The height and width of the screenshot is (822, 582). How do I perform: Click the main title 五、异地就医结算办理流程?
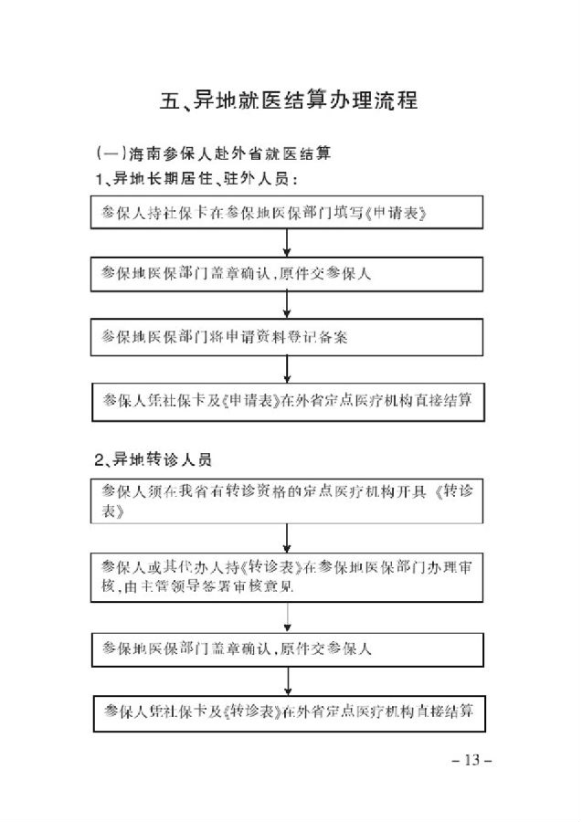pos(289,100)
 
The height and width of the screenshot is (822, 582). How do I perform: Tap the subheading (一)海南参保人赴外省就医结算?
pos(214,153)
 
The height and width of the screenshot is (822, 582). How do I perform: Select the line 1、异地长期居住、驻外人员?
pos(196,179)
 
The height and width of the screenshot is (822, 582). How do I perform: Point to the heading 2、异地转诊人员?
pos(153,459)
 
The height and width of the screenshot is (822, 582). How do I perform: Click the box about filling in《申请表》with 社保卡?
pos(287,212)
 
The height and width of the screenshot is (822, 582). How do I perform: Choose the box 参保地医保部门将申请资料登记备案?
pos(287,337)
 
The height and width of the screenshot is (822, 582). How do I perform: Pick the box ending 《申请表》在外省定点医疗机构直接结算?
pos(289,402)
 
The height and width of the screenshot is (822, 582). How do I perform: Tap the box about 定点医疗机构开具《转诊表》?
pos(287,501)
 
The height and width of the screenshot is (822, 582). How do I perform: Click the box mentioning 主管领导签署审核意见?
pos(287,577)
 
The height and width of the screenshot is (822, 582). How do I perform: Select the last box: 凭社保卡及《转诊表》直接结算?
pos(290,713)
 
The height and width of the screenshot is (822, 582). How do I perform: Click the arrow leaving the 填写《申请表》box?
pos(287,243)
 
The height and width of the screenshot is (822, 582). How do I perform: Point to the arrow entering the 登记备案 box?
pos(287,304)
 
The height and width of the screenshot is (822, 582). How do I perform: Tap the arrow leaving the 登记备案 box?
pos(287,370)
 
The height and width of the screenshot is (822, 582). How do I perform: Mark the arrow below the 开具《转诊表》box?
pos(287,538)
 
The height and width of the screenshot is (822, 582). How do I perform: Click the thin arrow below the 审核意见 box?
pos(287,617)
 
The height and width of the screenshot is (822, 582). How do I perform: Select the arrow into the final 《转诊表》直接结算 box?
pos(288,681)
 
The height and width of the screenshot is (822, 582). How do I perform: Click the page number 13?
pos(471,760)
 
